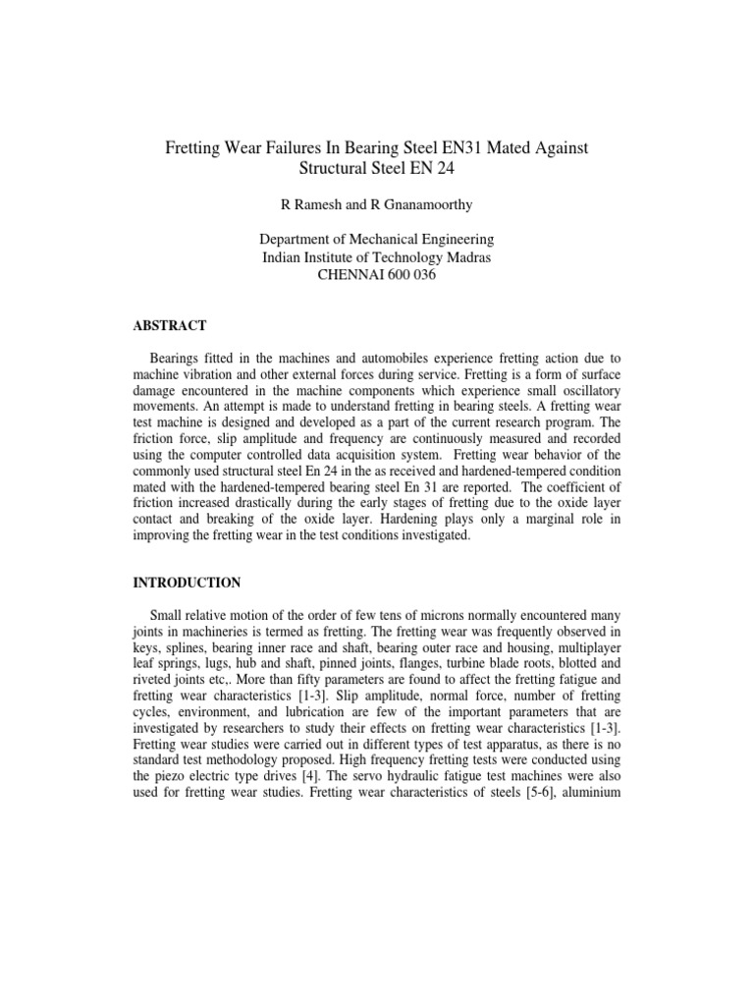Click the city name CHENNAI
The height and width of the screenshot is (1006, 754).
345,275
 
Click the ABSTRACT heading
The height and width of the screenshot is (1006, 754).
170,325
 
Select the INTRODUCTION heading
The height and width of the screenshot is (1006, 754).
187,583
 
